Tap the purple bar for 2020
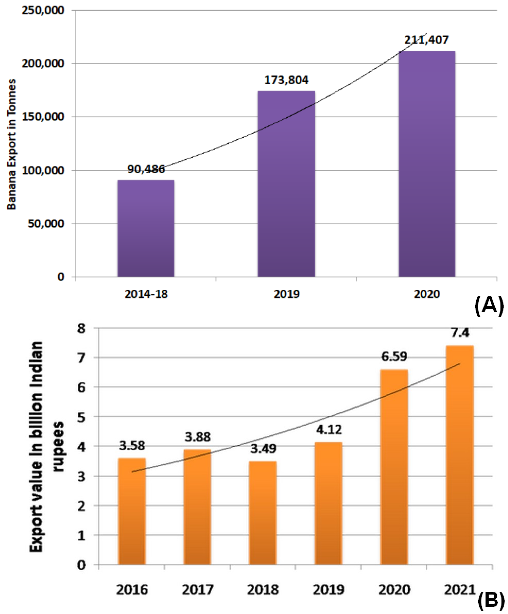[x=427, y=164]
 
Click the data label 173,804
[x=286, y=80]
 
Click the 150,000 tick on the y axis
[x=43, y=117]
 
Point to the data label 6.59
[x=394, y=357]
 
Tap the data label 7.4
[x=460, y=333]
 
